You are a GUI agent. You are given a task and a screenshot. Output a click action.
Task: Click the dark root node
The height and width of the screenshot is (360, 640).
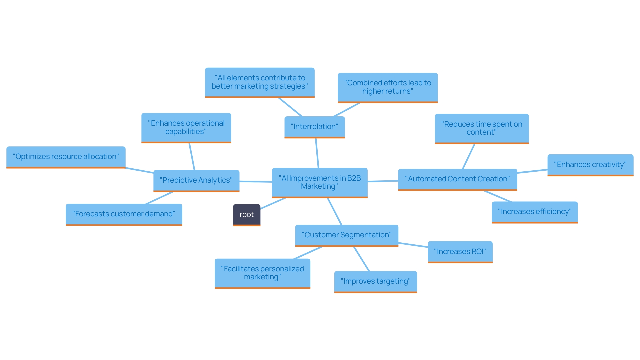coord(246,215)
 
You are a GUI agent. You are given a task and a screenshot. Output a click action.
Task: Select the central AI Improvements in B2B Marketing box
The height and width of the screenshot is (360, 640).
coord(319,182)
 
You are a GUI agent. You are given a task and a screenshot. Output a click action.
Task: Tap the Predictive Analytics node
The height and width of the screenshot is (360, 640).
coord(196,180)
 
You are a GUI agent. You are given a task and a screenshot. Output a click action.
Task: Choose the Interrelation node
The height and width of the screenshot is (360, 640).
coord(314,127)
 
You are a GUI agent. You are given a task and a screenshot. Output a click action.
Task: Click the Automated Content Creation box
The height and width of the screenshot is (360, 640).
coord(457,179)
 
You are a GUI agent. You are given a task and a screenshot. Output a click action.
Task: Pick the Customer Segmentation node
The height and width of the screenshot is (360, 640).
coord(346,235)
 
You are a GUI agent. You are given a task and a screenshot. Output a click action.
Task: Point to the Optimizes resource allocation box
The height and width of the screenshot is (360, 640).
coord(66,157)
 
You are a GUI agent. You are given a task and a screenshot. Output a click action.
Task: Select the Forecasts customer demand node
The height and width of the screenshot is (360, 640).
coord(124,214)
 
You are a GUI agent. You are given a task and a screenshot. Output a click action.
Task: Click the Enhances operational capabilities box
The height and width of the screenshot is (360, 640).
coord(186,127)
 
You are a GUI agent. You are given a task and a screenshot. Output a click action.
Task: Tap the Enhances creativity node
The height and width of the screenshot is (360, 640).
coord(590,165)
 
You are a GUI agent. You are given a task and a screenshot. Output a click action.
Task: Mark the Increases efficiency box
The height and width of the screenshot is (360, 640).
coord(534,212)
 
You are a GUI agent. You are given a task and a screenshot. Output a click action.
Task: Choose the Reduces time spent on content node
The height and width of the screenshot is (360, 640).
coord(481,128)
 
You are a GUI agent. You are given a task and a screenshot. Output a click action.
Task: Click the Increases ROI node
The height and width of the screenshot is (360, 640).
coord(460,252)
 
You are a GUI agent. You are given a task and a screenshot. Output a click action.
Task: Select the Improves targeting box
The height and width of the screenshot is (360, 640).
coord(375,281)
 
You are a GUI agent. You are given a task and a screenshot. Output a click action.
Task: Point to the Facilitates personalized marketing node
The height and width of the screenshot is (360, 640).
coord(262,273)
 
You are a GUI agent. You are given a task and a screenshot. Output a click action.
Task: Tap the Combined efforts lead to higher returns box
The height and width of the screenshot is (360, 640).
coord(387,87)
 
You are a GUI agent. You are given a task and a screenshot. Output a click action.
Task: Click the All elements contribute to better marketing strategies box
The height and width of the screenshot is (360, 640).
coord(259,82)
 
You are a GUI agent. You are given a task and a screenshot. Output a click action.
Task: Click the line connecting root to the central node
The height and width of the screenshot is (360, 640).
coord(273,203)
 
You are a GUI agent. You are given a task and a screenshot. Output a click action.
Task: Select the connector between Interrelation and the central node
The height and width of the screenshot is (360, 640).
coord(317,153)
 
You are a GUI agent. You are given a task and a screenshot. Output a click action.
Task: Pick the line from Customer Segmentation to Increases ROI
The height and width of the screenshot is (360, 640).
coord(413,245)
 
